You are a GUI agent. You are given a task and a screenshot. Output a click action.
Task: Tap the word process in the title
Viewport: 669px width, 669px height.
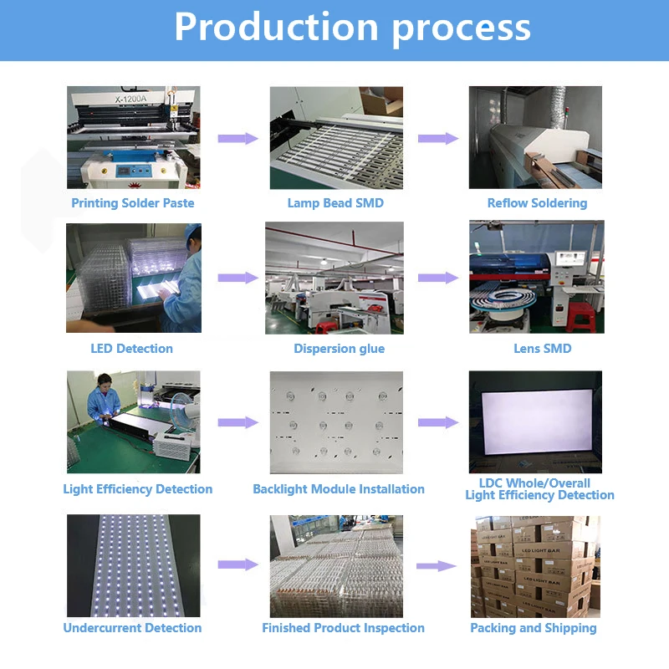(x=462, y=28)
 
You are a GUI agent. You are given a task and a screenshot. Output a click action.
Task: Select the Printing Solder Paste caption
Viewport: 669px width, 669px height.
(x=132, y=203)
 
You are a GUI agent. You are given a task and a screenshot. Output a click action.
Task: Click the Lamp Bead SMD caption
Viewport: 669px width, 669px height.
(x=335, y=203)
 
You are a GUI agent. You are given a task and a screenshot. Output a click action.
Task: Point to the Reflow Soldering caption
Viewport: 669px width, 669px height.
(x=537, y=203)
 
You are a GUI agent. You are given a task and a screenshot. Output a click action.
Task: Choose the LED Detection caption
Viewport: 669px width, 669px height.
(x=132, y=349)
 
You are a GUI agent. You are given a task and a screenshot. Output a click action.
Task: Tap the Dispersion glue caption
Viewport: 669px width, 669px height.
(x=339, y=349)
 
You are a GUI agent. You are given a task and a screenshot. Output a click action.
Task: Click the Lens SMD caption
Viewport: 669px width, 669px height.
(x=542, y=349)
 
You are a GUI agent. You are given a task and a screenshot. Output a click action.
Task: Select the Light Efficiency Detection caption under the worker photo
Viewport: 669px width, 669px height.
(x=138, y=489)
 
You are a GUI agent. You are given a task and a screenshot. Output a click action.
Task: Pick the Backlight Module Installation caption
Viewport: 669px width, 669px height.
(x=339, y=489)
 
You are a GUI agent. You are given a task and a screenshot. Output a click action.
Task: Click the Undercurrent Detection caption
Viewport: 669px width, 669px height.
(x=132, y=628)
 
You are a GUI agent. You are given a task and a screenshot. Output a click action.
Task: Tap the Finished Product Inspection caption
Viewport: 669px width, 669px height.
(x=343, y=628)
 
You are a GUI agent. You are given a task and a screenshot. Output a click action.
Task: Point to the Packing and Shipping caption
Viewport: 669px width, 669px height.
(x=534, y=628)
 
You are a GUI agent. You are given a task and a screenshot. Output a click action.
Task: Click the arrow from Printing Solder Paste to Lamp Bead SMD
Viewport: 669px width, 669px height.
(x=237, y=139)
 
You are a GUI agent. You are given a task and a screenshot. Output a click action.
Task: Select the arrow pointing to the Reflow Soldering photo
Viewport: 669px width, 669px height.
(x=438, y=139)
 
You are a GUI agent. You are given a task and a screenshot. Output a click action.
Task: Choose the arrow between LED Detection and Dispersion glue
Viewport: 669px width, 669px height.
(x=237, y=278)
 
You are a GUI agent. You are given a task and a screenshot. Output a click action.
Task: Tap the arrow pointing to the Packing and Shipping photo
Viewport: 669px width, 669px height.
(x=437, y=566)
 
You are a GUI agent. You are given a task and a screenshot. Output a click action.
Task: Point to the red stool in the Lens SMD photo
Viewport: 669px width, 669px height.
(x=580, y=313)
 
